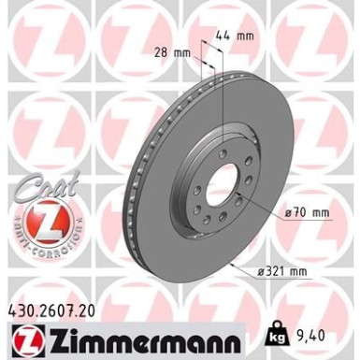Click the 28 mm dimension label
(169, 54)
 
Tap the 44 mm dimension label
(241, 36)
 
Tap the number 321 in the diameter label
(296, 271)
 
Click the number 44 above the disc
(234, 36)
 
